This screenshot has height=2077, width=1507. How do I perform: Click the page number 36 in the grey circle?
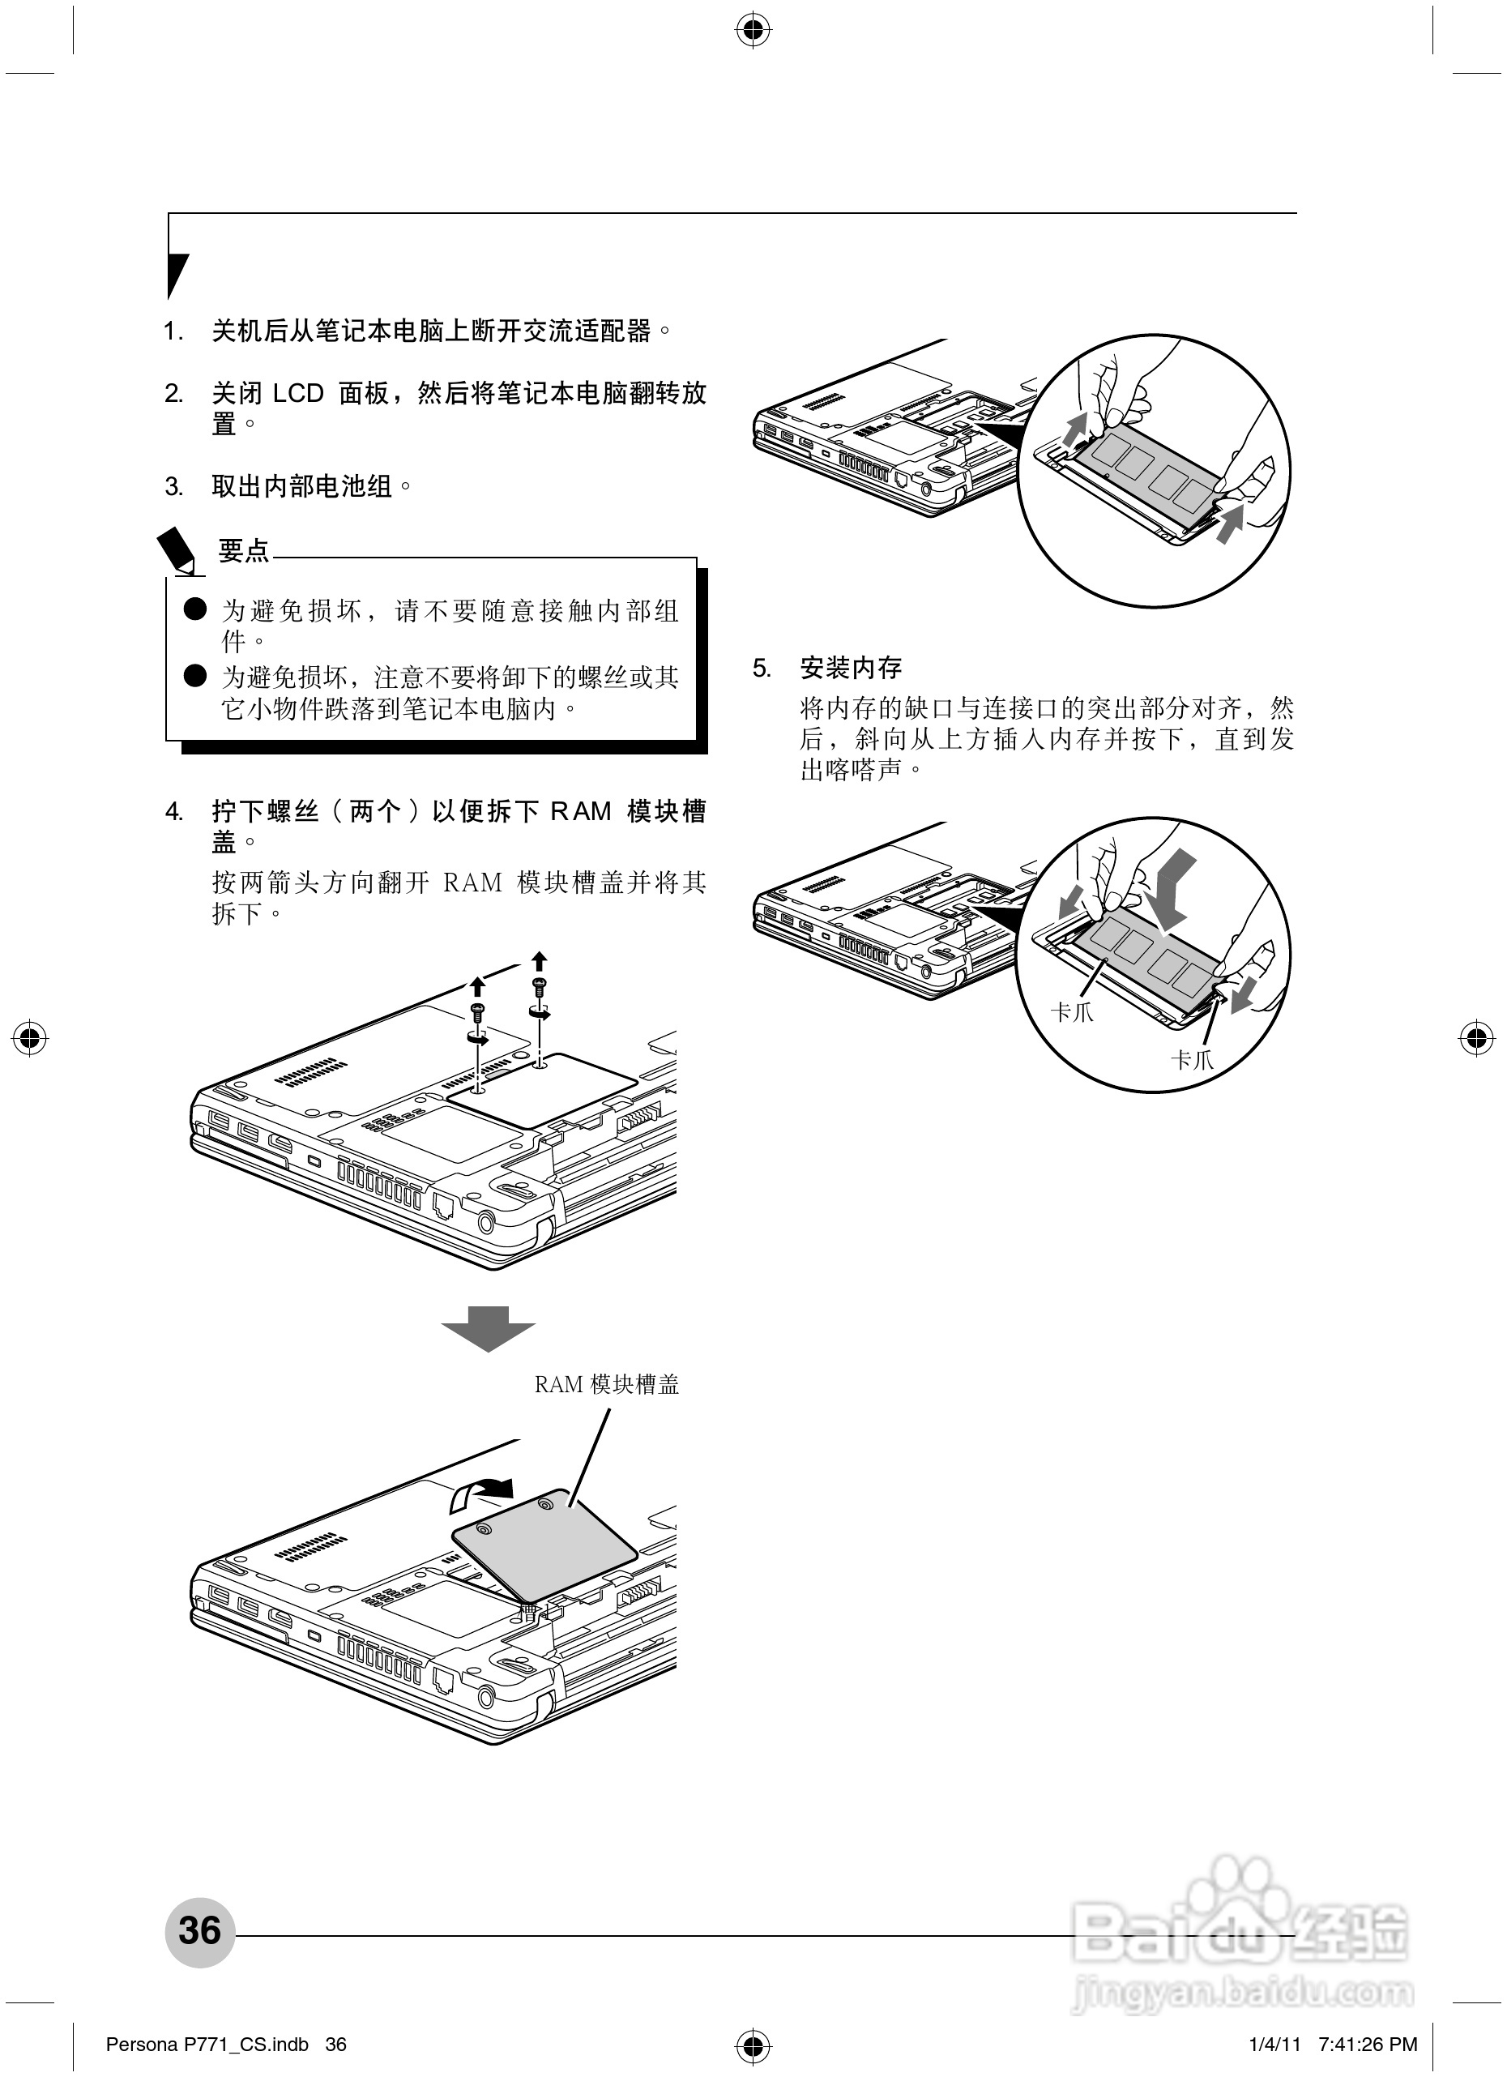click(x=199, y=1930)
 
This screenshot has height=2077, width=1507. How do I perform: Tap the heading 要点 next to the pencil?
click(x=244, y=550)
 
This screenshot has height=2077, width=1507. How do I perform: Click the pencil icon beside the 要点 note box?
click(x=177, y=550)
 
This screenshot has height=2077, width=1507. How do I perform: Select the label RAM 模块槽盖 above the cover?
click(x=606, y=1385)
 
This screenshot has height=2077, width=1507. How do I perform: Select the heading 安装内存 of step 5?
click(x=851, y=669)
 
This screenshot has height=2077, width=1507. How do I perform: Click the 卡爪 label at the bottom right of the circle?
click(x=1192, y=1061)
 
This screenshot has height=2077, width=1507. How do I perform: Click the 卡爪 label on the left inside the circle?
click(x=1072, y=1013)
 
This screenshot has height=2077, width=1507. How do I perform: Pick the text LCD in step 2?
click(x=298, y=394)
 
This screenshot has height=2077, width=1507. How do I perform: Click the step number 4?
click(x=173, y=811)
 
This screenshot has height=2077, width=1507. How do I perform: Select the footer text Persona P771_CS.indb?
click(x=207, y=2044)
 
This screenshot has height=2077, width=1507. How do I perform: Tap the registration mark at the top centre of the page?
click(x=753, y=31)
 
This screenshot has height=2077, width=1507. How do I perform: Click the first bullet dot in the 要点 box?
click(x=195, y=609)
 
